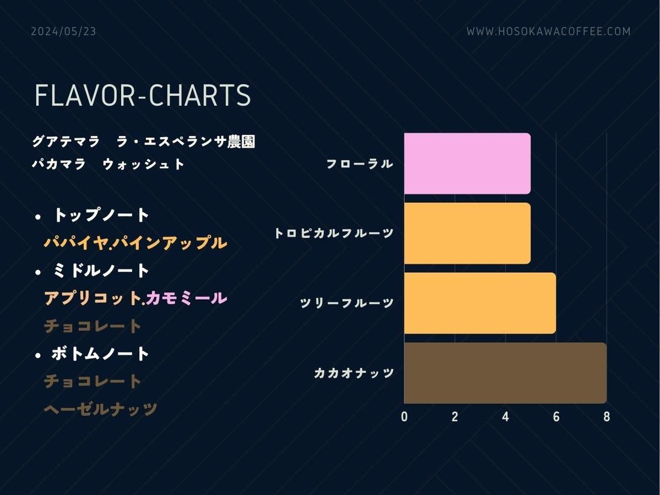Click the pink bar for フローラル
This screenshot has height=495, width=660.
[x=467, y=164]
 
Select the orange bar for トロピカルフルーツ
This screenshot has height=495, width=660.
[x=467, y=233]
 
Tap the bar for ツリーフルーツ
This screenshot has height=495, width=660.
[x=480, y=303]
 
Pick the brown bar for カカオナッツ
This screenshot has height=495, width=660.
[x=505, y=373]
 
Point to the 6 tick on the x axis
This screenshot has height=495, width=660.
[x=556, y=417]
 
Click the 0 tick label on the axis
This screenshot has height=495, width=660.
[x=404, y=417]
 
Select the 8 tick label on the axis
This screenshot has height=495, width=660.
[x=607, y=417]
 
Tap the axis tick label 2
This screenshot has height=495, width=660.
[x=455, y=417]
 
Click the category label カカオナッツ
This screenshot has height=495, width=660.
[x=354, y=373]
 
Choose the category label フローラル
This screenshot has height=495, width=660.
[x=360, y=164]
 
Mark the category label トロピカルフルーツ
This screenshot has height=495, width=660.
[x=334, y=233]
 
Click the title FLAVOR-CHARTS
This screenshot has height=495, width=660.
[x=143, y=95]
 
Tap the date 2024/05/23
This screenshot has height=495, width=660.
[x=63, y=31]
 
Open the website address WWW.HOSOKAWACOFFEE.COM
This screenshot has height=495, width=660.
[x=549, y=31]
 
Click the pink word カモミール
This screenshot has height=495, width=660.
[x=186, y=298]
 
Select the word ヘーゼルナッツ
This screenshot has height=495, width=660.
[x=101, y=408]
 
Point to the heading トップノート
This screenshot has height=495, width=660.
[x=101, y=215]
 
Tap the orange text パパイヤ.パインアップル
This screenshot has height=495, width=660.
[x=136, y=243]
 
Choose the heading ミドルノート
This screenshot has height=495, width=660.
[x=101, y=271]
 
